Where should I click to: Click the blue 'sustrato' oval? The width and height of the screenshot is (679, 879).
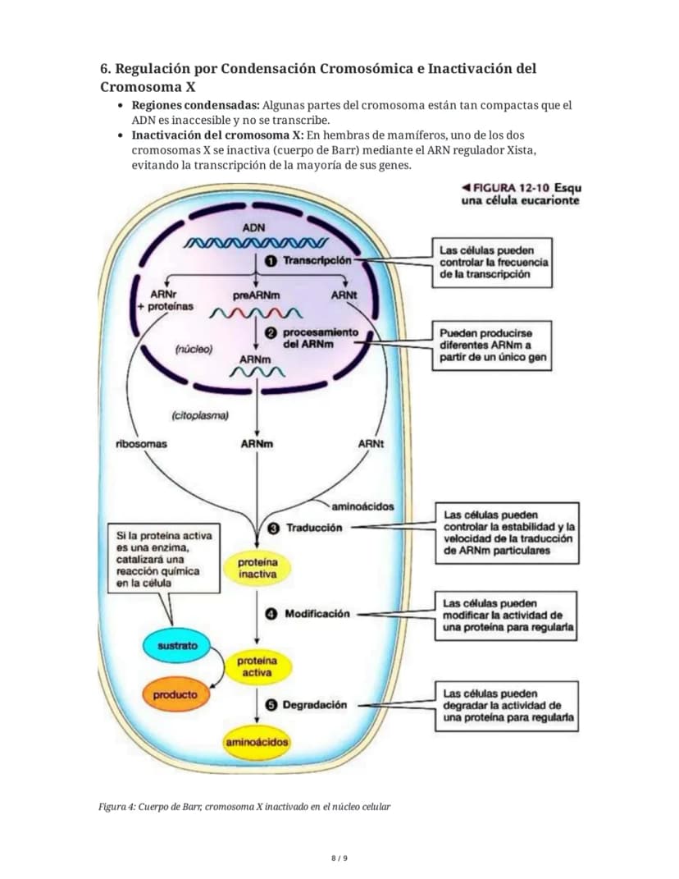pyautogui.click(x=176, y=645)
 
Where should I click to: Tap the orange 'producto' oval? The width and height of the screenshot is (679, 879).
pyautogui.click(x=175, y=694)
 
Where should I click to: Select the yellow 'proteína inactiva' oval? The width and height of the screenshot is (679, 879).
pyautogui.click(x=257, y=568)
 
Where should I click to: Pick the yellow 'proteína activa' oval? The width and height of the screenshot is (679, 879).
pyautogui.click(x=257, y=666)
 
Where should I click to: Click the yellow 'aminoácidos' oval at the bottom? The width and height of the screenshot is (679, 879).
pyautogui.click(x=257, y=742)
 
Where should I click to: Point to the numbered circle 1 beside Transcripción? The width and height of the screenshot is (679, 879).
pyautogui.click(x=271, y=261)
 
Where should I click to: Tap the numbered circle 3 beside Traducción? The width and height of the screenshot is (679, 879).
pyautogui.click(x=273, y=528)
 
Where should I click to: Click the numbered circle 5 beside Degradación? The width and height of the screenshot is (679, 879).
pyautogui.click(x=271, y=705)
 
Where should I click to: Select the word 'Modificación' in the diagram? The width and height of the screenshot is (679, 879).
pyautogui.click(x=317, y=614)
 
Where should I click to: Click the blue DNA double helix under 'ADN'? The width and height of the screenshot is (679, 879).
pyautogui.click(x=256, y=243)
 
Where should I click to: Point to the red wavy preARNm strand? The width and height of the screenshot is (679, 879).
pyautogui.click(x=256, y=313)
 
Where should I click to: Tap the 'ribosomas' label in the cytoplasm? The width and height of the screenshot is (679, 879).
pyautogui.click(x=141, y=444)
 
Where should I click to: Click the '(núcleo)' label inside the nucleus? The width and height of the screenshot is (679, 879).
pyautogui.click(x=194, y=350)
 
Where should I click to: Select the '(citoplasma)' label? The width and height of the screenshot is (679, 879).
pyautogui.click(x=200, y=415)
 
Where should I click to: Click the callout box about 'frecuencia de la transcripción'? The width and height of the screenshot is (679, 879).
pyautogui.click(x=492, y=263)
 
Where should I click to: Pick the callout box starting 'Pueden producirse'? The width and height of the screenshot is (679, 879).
pyautogui.click(x=492, y=346)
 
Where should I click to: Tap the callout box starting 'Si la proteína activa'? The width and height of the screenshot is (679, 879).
pyautogui.click(x=164, y=559)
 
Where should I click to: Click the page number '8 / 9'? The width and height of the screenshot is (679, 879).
pyautogui.click(x=339, y=858)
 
